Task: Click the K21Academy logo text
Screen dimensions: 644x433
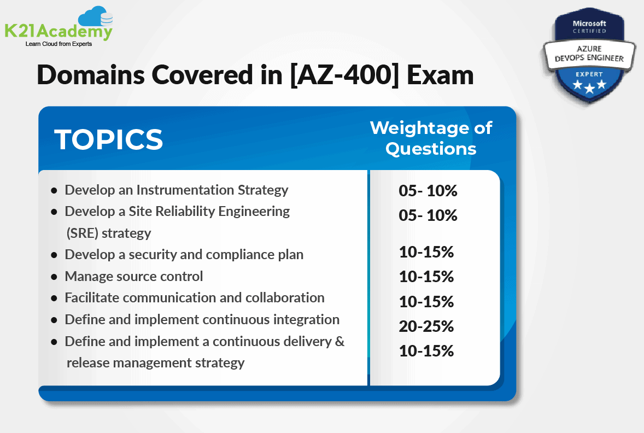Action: click(58, 31)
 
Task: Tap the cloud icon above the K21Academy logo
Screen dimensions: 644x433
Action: click(95, 16)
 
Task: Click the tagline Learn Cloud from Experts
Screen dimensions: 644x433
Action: click(58, 44)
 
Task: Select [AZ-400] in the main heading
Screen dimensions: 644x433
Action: click(344, 75)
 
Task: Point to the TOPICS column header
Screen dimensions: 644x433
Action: click(108, 139)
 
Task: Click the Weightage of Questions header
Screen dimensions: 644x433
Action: click(431, 138)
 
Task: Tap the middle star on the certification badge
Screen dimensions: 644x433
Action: click(589, 88)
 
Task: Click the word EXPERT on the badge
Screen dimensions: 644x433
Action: click(589, 74)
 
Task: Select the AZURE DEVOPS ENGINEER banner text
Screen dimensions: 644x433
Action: click(589, 54)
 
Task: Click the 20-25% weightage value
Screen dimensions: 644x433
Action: click(426, 326)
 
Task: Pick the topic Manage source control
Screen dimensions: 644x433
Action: click(134, 276)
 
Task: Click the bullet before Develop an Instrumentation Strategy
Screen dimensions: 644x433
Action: click(54, 191)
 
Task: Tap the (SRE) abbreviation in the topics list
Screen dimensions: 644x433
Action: click(83, 233)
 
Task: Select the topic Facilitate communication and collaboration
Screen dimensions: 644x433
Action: click(195, 297)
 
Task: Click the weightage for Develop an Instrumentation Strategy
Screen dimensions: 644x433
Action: click(428, 191)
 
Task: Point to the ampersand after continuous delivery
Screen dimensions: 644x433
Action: click(339, 341)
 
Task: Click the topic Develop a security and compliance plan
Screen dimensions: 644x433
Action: click(184, 255)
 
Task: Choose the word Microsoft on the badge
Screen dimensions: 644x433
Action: click(589, 24)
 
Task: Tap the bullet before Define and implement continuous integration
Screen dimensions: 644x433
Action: click(54, 320)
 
